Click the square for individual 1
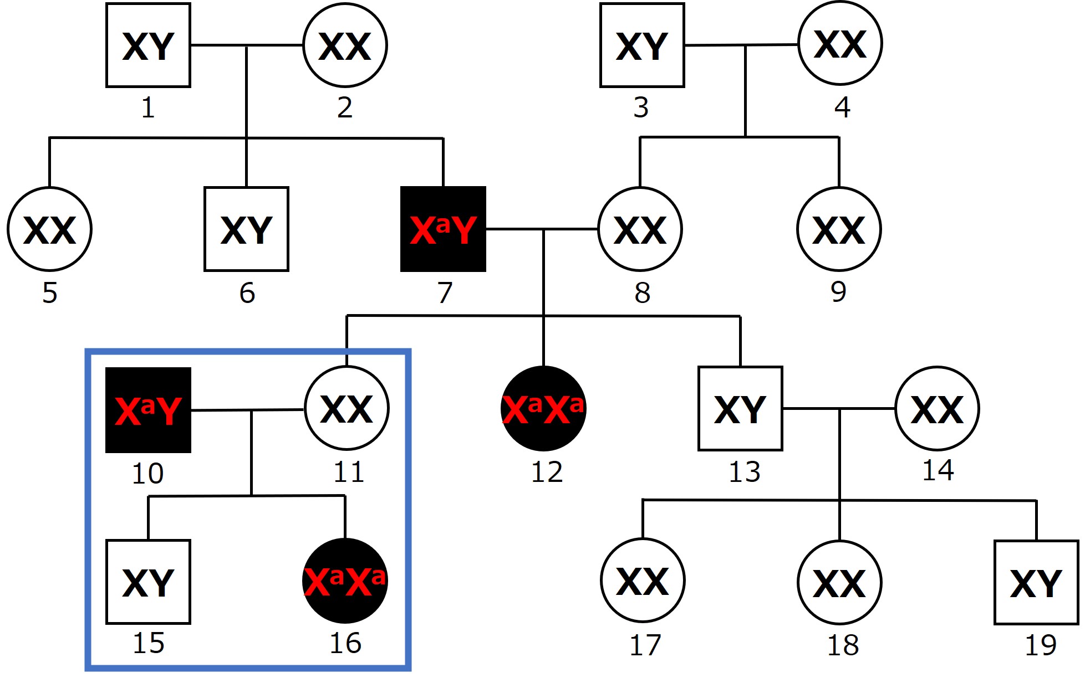[148, 45]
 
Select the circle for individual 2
[345, 45]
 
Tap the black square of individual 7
[443, 229]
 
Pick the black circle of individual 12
[543, 409]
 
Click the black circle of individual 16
[345, 581]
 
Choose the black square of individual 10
[148, 410]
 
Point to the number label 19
[1041, 645]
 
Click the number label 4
[842, 107]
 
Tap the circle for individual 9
[839, 229]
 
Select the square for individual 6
[246, 229]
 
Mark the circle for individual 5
[49, 229]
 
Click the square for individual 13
[740, 409]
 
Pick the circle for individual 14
[937, 409]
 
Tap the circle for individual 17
[643, 581]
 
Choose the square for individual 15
[148, 582]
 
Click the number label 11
[349, 472]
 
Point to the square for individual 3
[642, 45]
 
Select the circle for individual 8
[640, 229]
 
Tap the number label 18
[843, 645]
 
